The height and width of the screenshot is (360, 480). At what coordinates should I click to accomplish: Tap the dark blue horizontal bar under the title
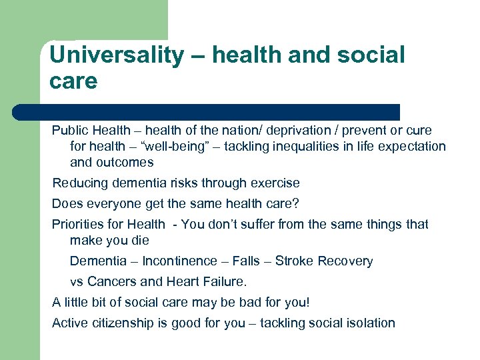pyautogui.click(x=207, y=111)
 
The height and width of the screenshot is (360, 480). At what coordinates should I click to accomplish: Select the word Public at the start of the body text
pyautogui.click(x=69, y=130)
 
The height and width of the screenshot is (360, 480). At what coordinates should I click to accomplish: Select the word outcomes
pyautogui.click(x=125, y=162)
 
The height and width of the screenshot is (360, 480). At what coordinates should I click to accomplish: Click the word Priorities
pyautogui.click(x=77, y=224)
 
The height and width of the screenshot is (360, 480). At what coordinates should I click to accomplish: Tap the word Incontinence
pyautogui.click(x=180, y=261)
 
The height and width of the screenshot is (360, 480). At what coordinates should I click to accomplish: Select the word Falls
pyautogui.click(x=246, y=261)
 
